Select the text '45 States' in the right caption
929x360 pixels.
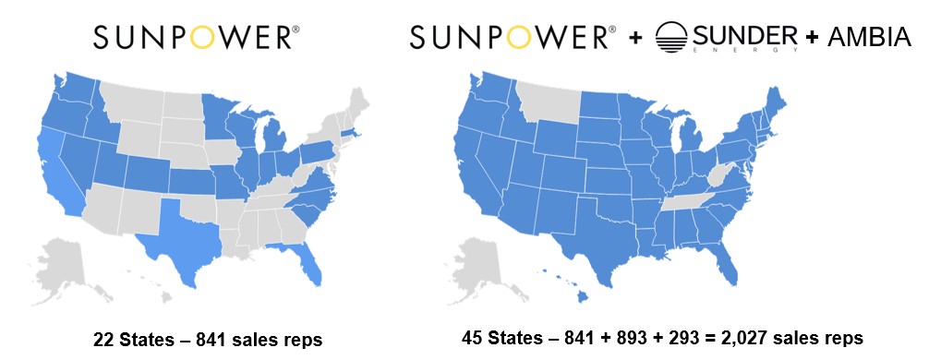[499, 338]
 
